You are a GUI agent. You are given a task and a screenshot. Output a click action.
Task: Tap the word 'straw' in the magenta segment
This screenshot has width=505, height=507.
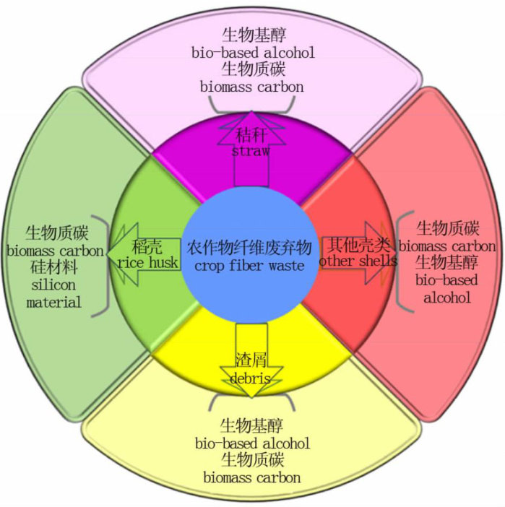click(x=251, y=152)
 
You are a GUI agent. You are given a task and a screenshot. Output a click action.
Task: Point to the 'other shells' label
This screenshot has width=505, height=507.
click(x=358, y=261)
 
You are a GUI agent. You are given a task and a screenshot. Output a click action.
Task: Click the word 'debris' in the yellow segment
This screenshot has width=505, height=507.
click(x=251, y=378)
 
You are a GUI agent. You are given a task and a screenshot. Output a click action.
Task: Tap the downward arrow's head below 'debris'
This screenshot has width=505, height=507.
click(x=251, y=391)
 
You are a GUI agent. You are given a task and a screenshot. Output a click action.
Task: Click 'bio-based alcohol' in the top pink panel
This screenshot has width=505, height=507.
click(x=253, y=53)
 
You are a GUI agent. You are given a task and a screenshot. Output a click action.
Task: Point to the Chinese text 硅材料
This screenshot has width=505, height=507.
click(x=54, y=268)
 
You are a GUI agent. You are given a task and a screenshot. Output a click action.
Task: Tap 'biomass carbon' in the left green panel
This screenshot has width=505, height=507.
click(x=55, y=251)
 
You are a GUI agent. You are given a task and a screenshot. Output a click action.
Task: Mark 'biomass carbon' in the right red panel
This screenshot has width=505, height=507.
click(x=447, y=246)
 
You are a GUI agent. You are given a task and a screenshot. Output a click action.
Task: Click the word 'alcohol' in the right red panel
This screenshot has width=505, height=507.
click(x=447, y=297)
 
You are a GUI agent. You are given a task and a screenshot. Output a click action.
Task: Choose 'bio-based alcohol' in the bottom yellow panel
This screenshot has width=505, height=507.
click(x=252, y=442)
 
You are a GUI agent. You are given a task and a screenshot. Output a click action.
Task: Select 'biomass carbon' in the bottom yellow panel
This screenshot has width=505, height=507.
click(x=251, y=477)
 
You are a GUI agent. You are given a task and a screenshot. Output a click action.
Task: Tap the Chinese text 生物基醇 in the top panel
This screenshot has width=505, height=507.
click(x=252, y=35)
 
